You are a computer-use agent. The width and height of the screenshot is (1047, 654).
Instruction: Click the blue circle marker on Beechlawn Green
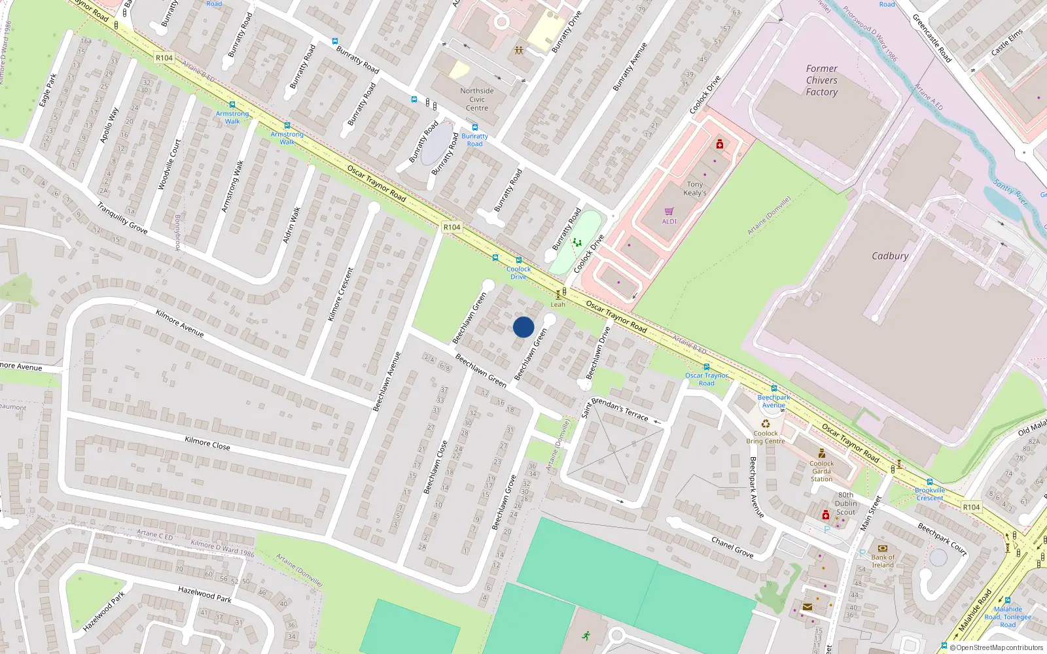pos(523,327)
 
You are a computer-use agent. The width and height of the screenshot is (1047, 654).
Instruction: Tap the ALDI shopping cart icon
pos(669,212)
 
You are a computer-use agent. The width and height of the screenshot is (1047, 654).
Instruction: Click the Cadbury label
pos(890,256)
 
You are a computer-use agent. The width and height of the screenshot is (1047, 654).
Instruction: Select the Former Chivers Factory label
pos(821,80)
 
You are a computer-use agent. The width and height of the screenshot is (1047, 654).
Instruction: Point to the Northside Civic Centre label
pos(477,99)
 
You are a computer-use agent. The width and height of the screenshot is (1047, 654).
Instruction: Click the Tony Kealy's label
pos(694,188)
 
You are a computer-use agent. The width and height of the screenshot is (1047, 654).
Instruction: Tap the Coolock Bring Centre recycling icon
pos(765,423)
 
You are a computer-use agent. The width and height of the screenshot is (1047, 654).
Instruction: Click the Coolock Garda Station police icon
pos(822,453)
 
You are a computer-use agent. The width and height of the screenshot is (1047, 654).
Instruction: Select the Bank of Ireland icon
pos(882,548)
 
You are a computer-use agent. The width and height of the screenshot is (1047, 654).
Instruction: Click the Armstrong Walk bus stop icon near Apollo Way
pos(232,105)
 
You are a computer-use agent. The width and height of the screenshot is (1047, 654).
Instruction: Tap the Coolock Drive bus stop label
pos(518,273)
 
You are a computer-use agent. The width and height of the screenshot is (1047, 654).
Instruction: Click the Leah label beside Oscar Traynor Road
pos(558,304)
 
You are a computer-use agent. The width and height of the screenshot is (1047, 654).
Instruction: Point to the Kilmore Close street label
pos(207,443)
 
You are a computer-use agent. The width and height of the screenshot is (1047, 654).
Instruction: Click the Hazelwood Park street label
pos(205,594)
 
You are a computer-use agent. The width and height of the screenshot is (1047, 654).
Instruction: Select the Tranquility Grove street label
pos(122,218)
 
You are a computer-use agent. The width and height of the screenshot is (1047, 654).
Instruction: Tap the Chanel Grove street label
pos(732,547)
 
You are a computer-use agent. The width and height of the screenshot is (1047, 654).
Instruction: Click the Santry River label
pos(1010,192)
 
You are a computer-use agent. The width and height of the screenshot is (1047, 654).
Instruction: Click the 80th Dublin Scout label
pos(845,504)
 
